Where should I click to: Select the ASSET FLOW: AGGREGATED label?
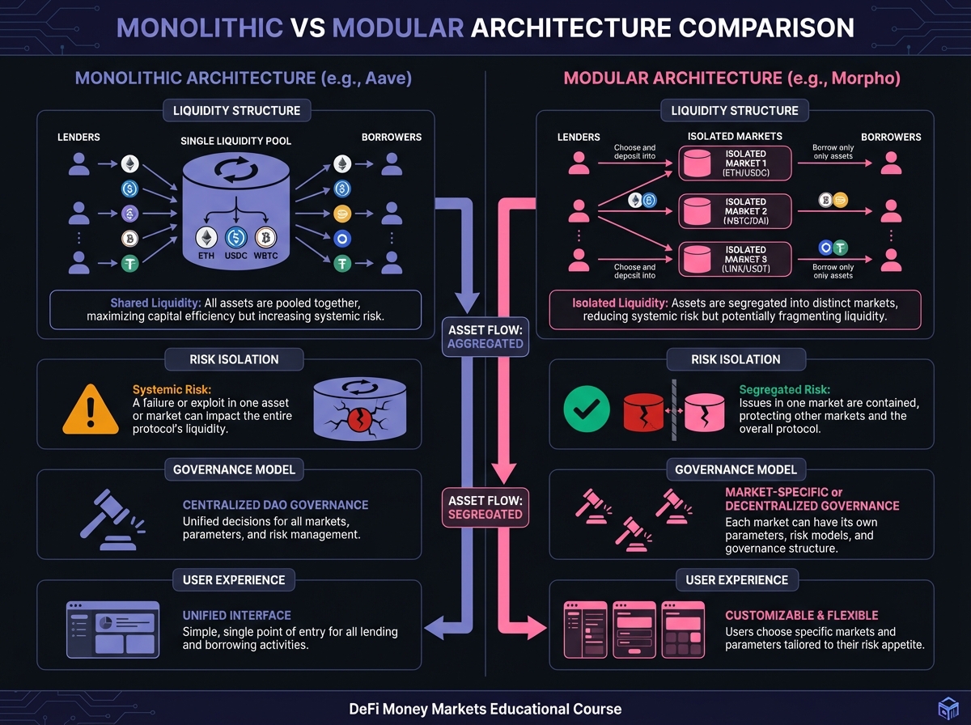pyautogui.click(x=485, y=336)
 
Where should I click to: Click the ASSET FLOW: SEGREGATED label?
pyautogui.click(x=485, y=507)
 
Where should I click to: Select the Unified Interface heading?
pyautogui.click(x=236, y=615)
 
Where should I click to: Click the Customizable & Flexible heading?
pyautogui.click(x=801, y=615)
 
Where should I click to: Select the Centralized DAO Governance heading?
pyautogui.click(x=275, y=505)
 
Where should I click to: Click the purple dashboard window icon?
pyautogui.click(x=109, y=627)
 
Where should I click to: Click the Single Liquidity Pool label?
pyautogui.click(x=235, y=141)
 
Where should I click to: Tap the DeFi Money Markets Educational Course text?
pyautogui.click(x=485, y=709)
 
